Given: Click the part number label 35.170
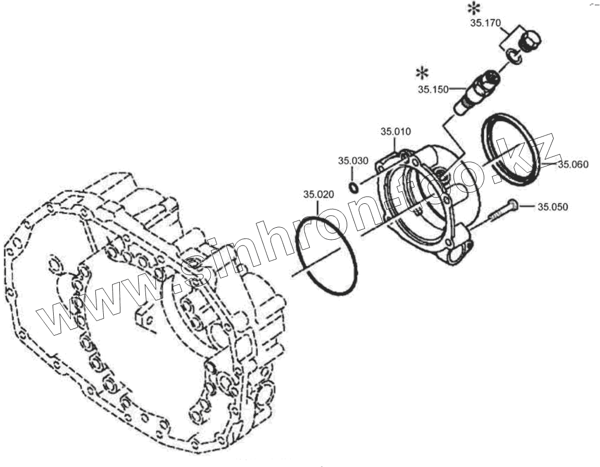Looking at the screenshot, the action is (x=485, y=23).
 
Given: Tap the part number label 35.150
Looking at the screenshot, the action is (x=433, y=89).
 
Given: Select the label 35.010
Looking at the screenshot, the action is (x=396, y=132).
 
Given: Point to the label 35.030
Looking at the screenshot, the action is (x=353, y=161).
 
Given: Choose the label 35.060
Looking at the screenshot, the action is (x=573, y=164).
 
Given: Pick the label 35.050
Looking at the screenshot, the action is (x=553, y=207).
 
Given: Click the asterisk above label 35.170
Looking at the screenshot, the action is (x=473, y=8).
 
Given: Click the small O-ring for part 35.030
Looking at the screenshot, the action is (x=353, y=187).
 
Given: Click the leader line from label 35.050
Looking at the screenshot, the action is (x=528, y=206).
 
